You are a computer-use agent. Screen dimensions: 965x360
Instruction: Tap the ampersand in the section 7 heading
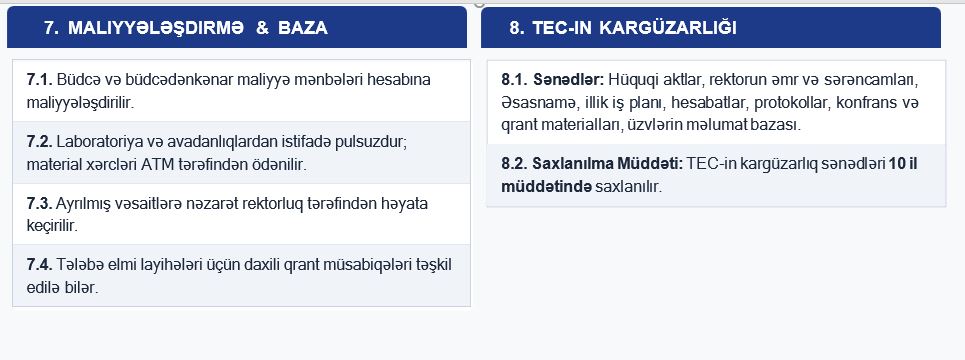click(262, 28)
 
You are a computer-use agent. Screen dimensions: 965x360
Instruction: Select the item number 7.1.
click(40, 80)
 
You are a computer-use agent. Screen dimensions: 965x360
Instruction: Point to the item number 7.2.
click(40, 142)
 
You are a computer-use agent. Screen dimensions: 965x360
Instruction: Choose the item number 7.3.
click(40, 203)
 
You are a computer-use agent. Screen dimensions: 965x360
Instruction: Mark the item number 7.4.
click(40, 265)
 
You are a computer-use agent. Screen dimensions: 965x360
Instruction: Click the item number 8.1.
click(515, 79)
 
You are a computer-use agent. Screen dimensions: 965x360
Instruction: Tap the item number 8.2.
click(515, 164)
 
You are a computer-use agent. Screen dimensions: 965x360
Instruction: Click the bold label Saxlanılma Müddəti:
click(607, 164)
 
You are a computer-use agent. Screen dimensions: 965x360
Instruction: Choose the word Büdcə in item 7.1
click(77, 80)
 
